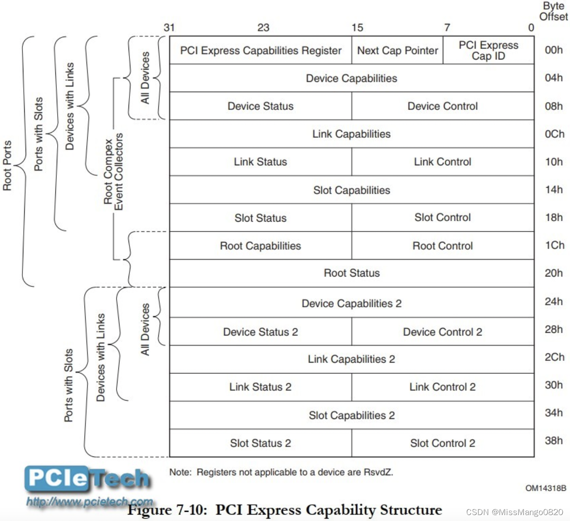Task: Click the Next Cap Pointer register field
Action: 397,50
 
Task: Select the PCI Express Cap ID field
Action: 488,50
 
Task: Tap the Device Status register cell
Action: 260,106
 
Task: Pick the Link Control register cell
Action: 442,162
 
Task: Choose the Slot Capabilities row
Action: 351,190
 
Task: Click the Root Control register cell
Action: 442,246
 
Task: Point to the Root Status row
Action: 351,273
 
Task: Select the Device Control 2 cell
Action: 442,332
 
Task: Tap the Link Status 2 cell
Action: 260,387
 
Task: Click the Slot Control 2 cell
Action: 442,443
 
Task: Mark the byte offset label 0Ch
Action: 554,134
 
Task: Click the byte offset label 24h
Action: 554,302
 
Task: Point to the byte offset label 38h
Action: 554,441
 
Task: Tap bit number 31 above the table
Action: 169,27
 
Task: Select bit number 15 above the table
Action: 357,27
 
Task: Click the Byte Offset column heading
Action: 554,11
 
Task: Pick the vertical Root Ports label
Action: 7,165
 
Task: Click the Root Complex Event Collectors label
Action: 113,172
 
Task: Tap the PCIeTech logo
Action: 87,478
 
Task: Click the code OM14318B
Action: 546,488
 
